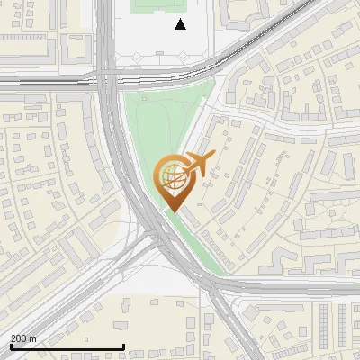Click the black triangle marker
click(x=180, y=24)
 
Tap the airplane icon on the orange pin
click(x=197, y=165)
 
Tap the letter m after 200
click(x=33, y=338)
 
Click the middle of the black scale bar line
click(x=67, y=346)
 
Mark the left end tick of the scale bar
click(x=10, y=346)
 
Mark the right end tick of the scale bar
click(x=123, y=346)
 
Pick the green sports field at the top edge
click(x=157, y=5)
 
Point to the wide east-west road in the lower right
click(x=297, y=287)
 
